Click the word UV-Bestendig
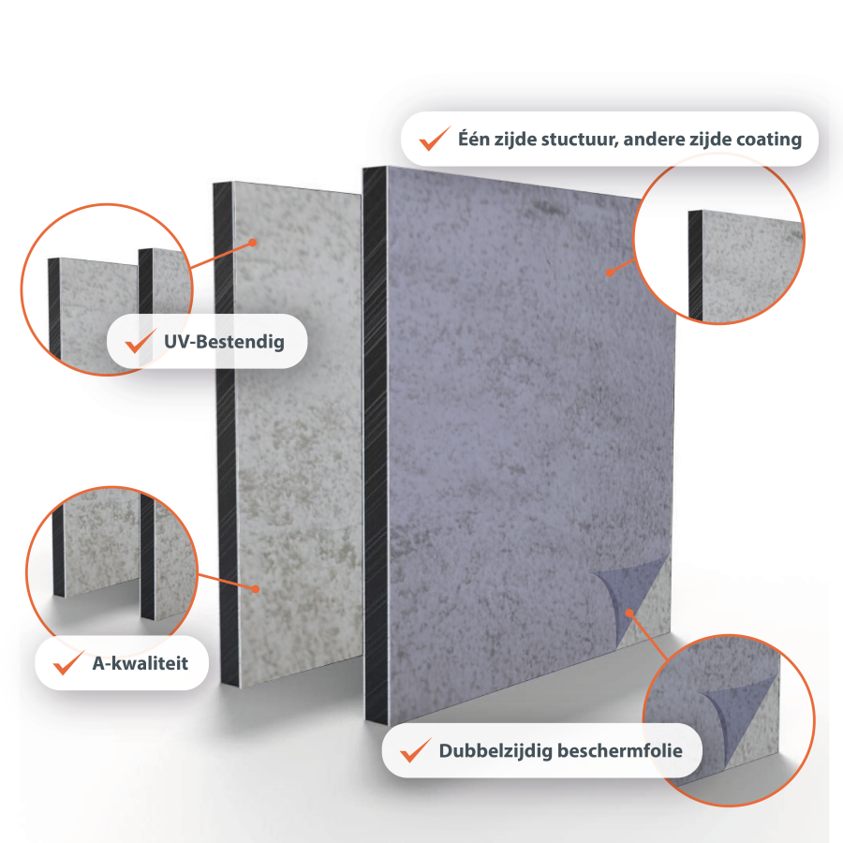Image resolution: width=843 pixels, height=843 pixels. (x=224, y=342)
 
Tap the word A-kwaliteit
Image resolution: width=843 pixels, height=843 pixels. (x=140, y=663)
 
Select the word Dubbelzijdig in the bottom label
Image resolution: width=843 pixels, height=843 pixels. (x=495, y=751)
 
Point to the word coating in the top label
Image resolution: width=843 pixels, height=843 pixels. (x=769, y=140)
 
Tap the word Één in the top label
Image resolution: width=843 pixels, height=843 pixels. (x=474, y=138)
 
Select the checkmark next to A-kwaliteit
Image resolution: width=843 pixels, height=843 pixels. (x=68, y=662)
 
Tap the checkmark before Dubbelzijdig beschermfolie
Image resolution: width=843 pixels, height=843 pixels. (x=416, y=750)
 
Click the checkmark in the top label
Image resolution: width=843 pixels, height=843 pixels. (x=435, y=139)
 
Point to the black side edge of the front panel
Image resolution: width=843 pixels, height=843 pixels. (x=377, y=446)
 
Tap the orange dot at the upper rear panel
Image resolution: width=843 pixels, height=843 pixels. (x=253, y=243)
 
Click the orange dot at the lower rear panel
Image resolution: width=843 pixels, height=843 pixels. (x=256, y=589)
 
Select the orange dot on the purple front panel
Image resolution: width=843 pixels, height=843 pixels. (x=610, y=272)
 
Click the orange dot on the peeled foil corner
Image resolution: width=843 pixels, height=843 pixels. (x=629, y=613)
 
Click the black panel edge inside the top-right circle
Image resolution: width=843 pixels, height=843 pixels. (x=696, y=266)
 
